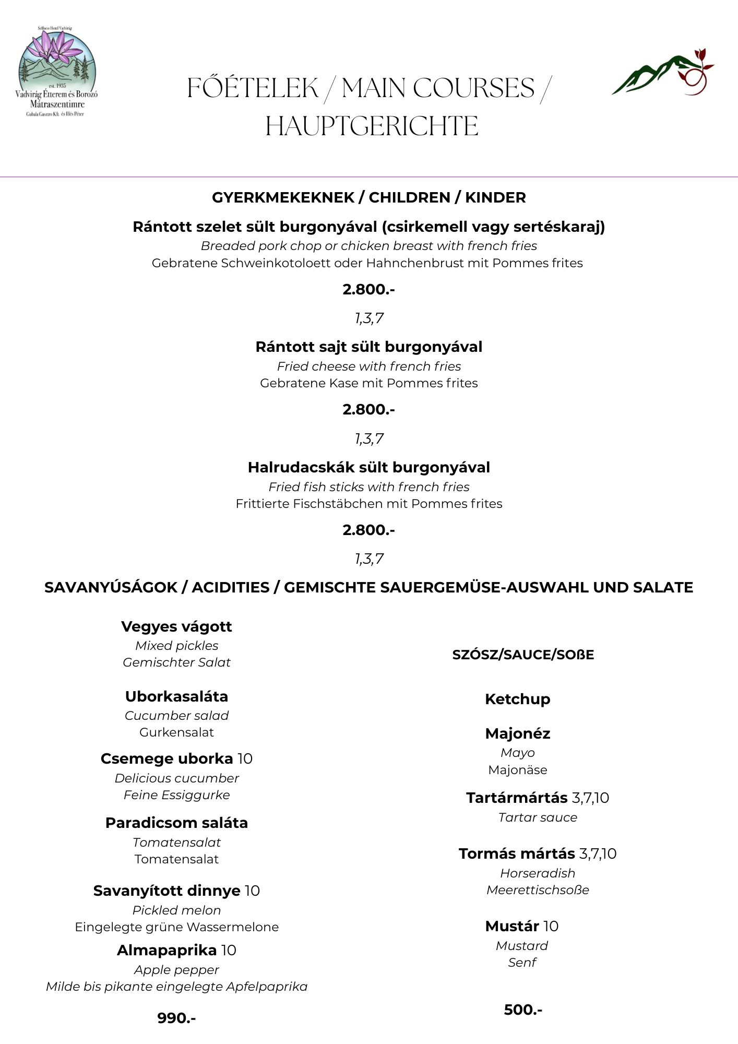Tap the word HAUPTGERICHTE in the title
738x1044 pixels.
pos(372,126)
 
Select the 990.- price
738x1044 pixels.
pos(176,1017)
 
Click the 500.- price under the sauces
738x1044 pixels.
pos(523,1009)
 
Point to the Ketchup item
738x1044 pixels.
pos(517,699)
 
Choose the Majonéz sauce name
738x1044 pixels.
pos(517,733)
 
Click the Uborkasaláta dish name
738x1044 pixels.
pos(176,696)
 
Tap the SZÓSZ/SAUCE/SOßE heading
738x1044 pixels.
pos(523,655)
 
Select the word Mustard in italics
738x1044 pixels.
pos(522,945)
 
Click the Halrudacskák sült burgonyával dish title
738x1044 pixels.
pos(368,467)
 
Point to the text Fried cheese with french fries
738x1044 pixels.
pos(368,366)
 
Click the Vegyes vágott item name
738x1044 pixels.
pos(176,626)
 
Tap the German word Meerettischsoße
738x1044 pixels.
pos(538,889)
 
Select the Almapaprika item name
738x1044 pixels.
pos(166,950)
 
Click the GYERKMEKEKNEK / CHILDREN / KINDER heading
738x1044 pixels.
pos(368,197)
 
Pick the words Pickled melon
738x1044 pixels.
pos(176,910)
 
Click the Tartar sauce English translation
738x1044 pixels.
pos(538,817)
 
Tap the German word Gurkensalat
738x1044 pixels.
pos(176,732)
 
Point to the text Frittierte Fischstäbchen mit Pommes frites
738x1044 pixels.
pos(368,503)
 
